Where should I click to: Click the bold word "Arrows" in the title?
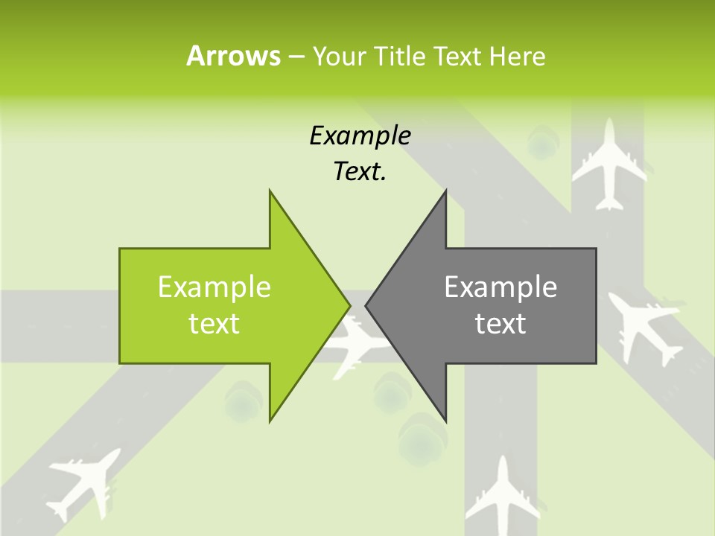pyautogui.click(x=233, y=56)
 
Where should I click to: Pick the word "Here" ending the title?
pyautogui.click(x=517, y=56)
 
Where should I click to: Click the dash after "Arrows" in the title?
pyautogui.click(x=295, y=57)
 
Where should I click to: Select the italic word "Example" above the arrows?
pyautogui.click(x=360, y=136)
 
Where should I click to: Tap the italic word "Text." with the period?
pyautogui.click(x=360, y=171)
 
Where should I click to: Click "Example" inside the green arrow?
pyautogui.click(x=214, y=287)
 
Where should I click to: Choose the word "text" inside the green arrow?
pyautogui.click(x=214, y=324)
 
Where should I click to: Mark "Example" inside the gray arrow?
pyautogui.click(x=500, y=287)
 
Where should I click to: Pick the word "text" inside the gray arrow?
pyautogui.click(x=500, y=324)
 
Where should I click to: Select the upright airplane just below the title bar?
pyautogui.click(x=610, y=164)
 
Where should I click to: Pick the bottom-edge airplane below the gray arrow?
pyautogui.click(x=503, y=494)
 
